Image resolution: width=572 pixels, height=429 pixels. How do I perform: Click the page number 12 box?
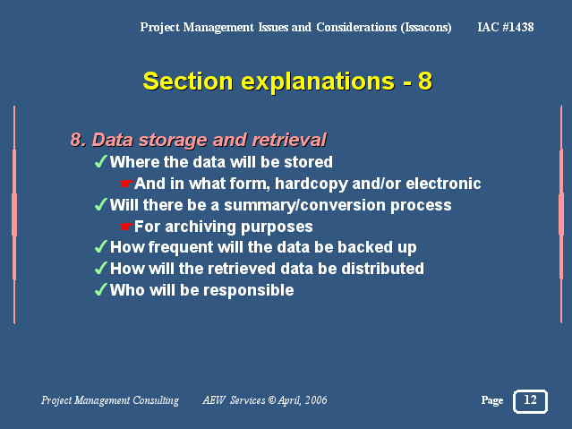[x=530, y=401]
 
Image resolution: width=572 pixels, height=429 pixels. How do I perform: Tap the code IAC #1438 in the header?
[x=506, y=27]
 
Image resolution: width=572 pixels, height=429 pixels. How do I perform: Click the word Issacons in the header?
[x=426, y=28]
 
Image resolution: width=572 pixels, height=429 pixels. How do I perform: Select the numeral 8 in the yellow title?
[x=425, y=82]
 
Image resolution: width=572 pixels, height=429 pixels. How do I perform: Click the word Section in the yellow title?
[x=188, y=82]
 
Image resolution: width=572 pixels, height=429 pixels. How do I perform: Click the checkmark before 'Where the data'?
[x=100, y=161]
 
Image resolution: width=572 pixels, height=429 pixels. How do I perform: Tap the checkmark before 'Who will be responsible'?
[x=100, y=289]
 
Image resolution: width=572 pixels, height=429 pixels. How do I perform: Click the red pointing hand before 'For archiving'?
[x=126, y=227]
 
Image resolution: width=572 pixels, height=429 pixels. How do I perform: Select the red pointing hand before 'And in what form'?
[x=126, y=184]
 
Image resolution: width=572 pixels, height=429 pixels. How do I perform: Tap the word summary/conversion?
[x=305, y=206]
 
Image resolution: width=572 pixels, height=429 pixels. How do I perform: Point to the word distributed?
[x=382, y=269]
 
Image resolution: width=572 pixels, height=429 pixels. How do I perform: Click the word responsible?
[x=249, y=290]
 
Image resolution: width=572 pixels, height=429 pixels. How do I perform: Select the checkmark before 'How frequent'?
[x=100, y=246]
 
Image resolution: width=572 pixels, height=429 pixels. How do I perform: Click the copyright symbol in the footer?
[x=272, y=400]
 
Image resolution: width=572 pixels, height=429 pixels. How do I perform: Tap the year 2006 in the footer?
[x=316, y=400]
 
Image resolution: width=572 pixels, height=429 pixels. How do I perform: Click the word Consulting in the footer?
[x=156, y=400]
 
